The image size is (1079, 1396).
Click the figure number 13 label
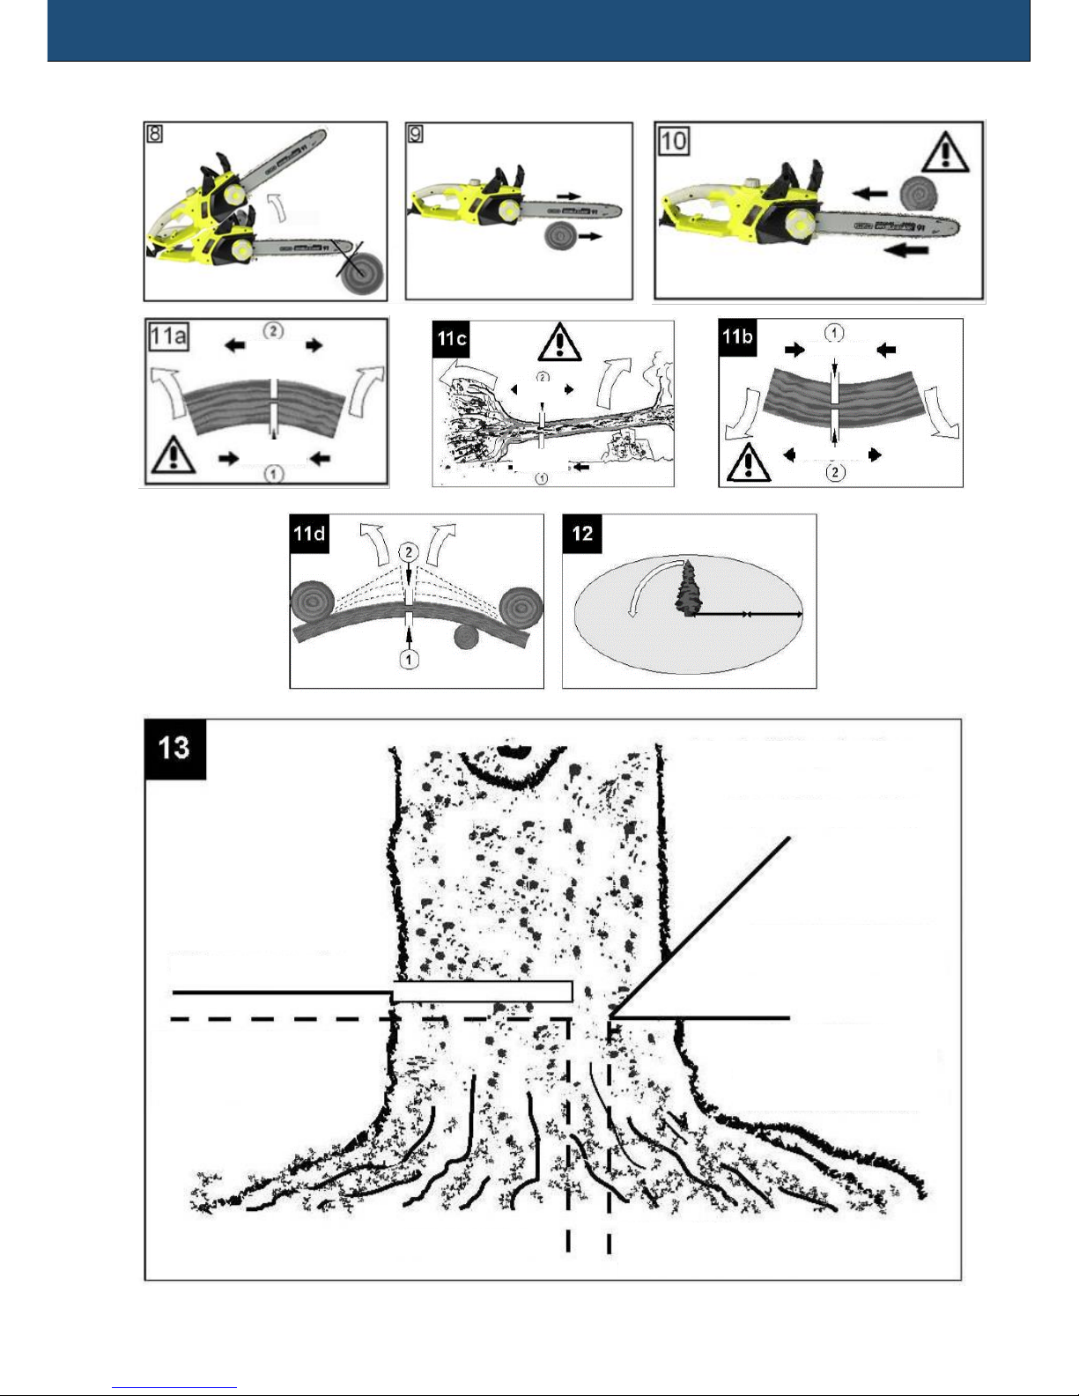(174, 749)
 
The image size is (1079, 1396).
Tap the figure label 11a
(168, 336)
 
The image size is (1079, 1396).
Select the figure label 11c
(452, 338)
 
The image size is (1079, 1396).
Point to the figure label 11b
(738, 336)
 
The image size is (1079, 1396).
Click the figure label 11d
(309, 534)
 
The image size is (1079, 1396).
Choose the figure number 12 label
(582, 534)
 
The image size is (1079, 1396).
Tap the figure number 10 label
(674, 140)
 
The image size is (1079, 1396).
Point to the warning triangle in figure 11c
(558, 343)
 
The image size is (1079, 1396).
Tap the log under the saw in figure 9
(561, 236)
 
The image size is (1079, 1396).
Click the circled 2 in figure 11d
(408, 552)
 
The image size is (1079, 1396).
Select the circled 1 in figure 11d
(409, 659)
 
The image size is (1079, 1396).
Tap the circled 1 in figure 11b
(834, 333)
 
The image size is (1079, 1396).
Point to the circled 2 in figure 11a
(274, 330)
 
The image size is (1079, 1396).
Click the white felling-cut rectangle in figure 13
(483, 992)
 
